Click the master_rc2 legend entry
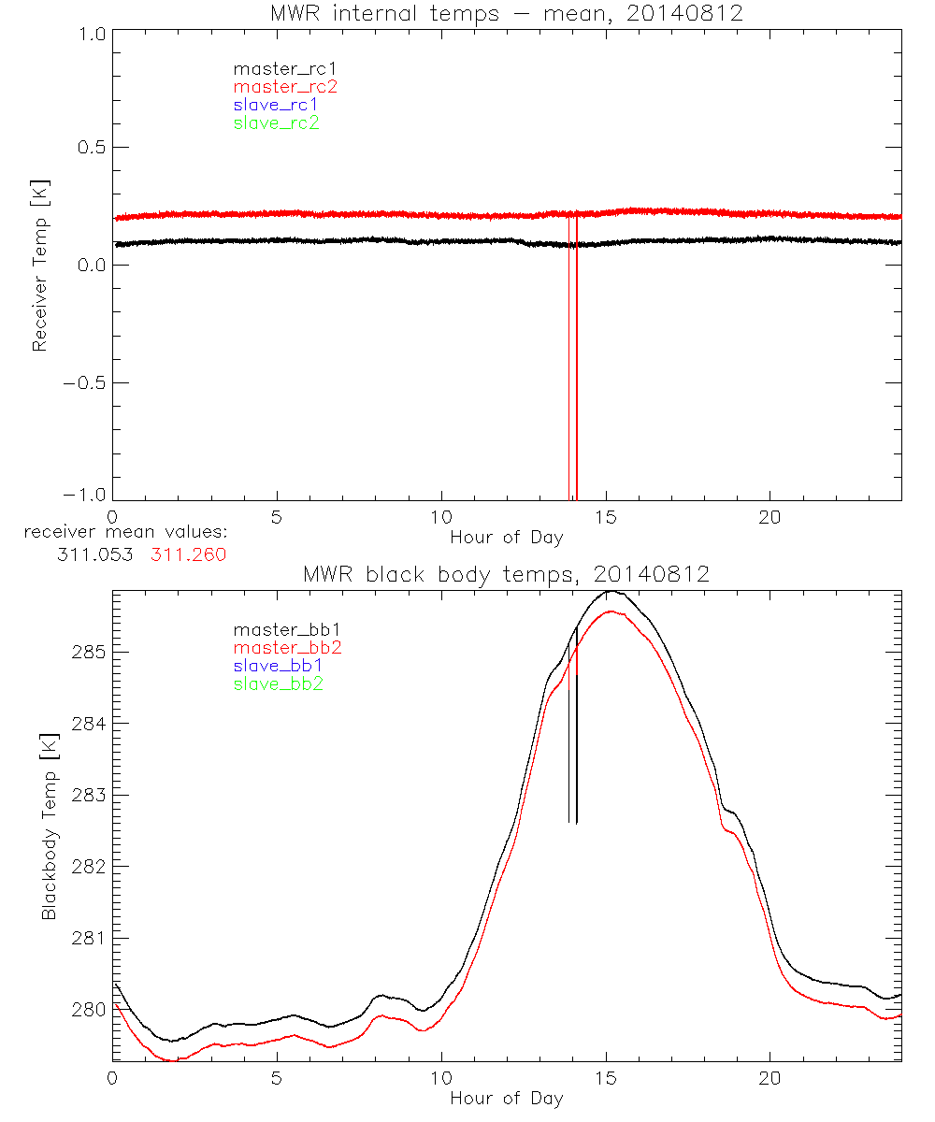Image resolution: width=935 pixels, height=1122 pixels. pyautogui.click(x=285, y=87)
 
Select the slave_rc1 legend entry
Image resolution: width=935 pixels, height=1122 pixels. pyautogui.click(x=276, y=105)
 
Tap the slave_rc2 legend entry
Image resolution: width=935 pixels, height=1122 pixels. pyautogui.click(x=276, y=122)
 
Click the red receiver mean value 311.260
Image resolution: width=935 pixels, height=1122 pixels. pyautogui.click(x=188, y=554)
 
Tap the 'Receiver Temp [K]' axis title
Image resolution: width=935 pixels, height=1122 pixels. pyautogui.click(x=39, y=265)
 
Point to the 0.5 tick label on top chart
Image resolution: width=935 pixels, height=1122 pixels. pyautogui.click(x=90, y=148)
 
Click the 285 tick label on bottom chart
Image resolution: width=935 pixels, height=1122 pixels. pyautogui.click(x=85, y=651)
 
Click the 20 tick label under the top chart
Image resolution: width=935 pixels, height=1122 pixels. pyautogui.click(x=770, y=517)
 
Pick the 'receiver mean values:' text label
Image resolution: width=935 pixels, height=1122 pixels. pyautogui.click(x=126, y=533)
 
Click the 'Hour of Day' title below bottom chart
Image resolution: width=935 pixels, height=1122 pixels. pyautogui.click(x=506, y=1099)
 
